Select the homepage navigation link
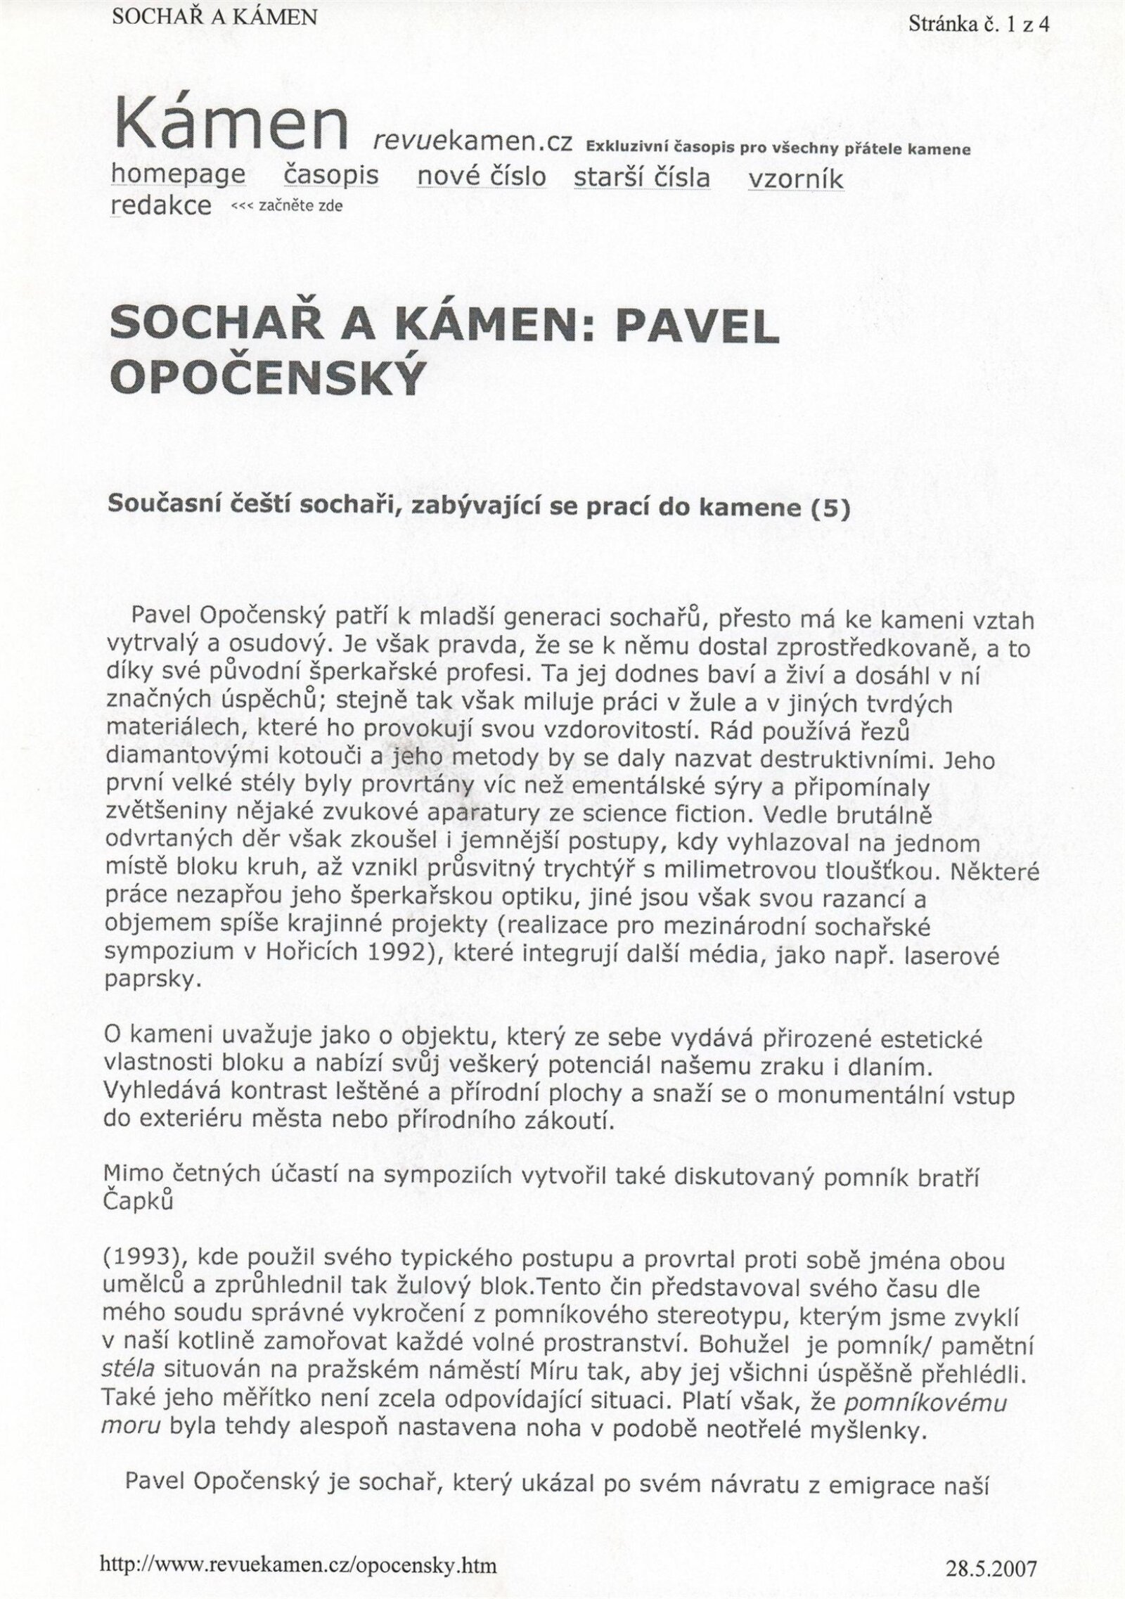coord(179,174)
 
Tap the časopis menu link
coord(331,174)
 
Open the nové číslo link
coord(481,176)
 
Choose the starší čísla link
coord(642,176)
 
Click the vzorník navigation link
coord(796,179)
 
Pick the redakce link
coord(161,205)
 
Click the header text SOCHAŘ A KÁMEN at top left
coord(214,16)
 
